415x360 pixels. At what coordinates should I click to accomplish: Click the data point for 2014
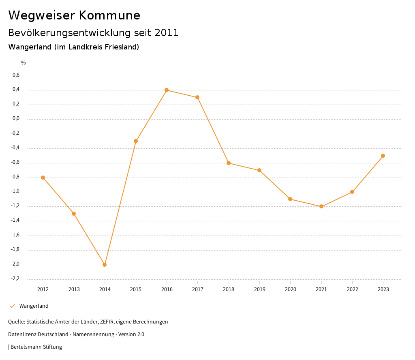pyautogui.click(x=105, y=265)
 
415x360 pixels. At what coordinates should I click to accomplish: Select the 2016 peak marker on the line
pyautogui.click(x=167, y=90)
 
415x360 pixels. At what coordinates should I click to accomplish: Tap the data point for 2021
pyautogui.click(x=321, y=206)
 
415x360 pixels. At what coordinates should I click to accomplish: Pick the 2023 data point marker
pyautogui.click(x=383, y=156)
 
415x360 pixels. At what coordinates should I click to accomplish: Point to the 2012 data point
pyautogui.click(x=43, y=178)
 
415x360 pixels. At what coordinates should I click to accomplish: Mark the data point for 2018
pyautogui.click(x=229, y=163)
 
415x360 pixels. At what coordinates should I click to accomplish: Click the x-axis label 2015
pyautogui.click(x=136, y=289)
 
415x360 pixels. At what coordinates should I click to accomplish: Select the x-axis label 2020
pyautogui.click(x=291, y=289)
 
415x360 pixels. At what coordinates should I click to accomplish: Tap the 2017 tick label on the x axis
pyautogui.click(x=198, y=289)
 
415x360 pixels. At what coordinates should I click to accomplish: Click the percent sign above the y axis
pyautogui.click(x=24, y=63)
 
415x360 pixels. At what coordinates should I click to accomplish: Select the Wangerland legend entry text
pyautogui.click(x=34, y=306)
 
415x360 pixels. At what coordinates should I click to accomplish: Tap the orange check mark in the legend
pyautogui.click(x=12, y=306)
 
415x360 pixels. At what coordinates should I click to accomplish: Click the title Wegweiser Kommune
pyautogui.click(x=74, y=15)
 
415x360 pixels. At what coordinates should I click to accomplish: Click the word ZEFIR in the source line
pyautogui.click(x=106, y=322)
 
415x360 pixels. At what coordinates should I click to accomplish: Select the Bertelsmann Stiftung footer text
pyautogui.click(x=36, y=347)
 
